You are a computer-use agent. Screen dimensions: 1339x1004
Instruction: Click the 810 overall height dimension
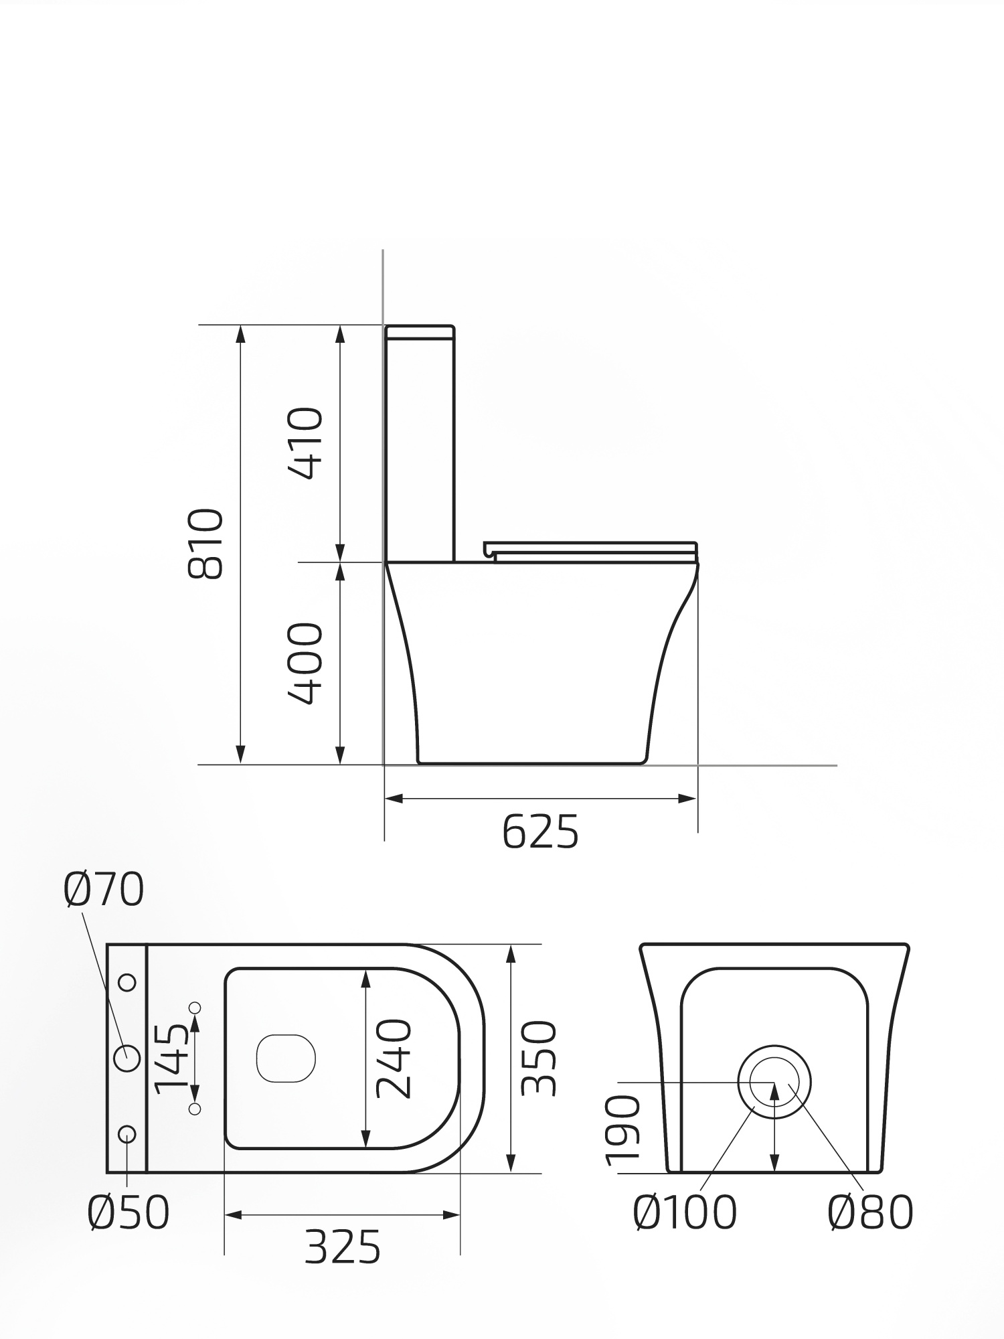pos(205,544)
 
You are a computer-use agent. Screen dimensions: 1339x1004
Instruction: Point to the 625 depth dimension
pos(540,832)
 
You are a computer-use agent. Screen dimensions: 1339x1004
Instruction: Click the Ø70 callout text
pos(104,890)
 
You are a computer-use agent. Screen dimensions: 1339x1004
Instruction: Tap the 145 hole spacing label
pos(171,1058)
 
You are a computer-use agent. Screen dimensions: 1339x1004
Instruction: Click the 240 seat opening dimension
pos(394,1058)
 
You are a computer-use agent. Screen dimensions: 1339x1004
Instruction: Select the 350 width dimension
pos(539,1058)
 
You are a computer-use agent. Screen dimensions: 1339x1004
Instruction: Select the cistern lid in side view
pos(420,332)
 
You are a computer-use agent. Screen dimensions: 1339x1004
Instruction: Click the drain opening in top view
pos(286,1058)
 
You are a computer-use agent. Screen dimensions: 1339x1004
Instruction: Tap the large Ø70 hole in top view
pos(127,1058)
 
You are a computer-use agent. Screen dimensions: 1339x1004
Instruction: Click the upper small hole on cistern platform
pos(127,983)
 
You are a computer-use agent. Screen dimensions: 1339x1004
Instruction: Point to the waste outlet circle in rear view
pos(774,1082)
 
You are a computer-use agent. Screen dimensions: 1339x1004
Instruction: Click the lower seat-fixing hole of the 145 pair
pos(195,1109)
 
